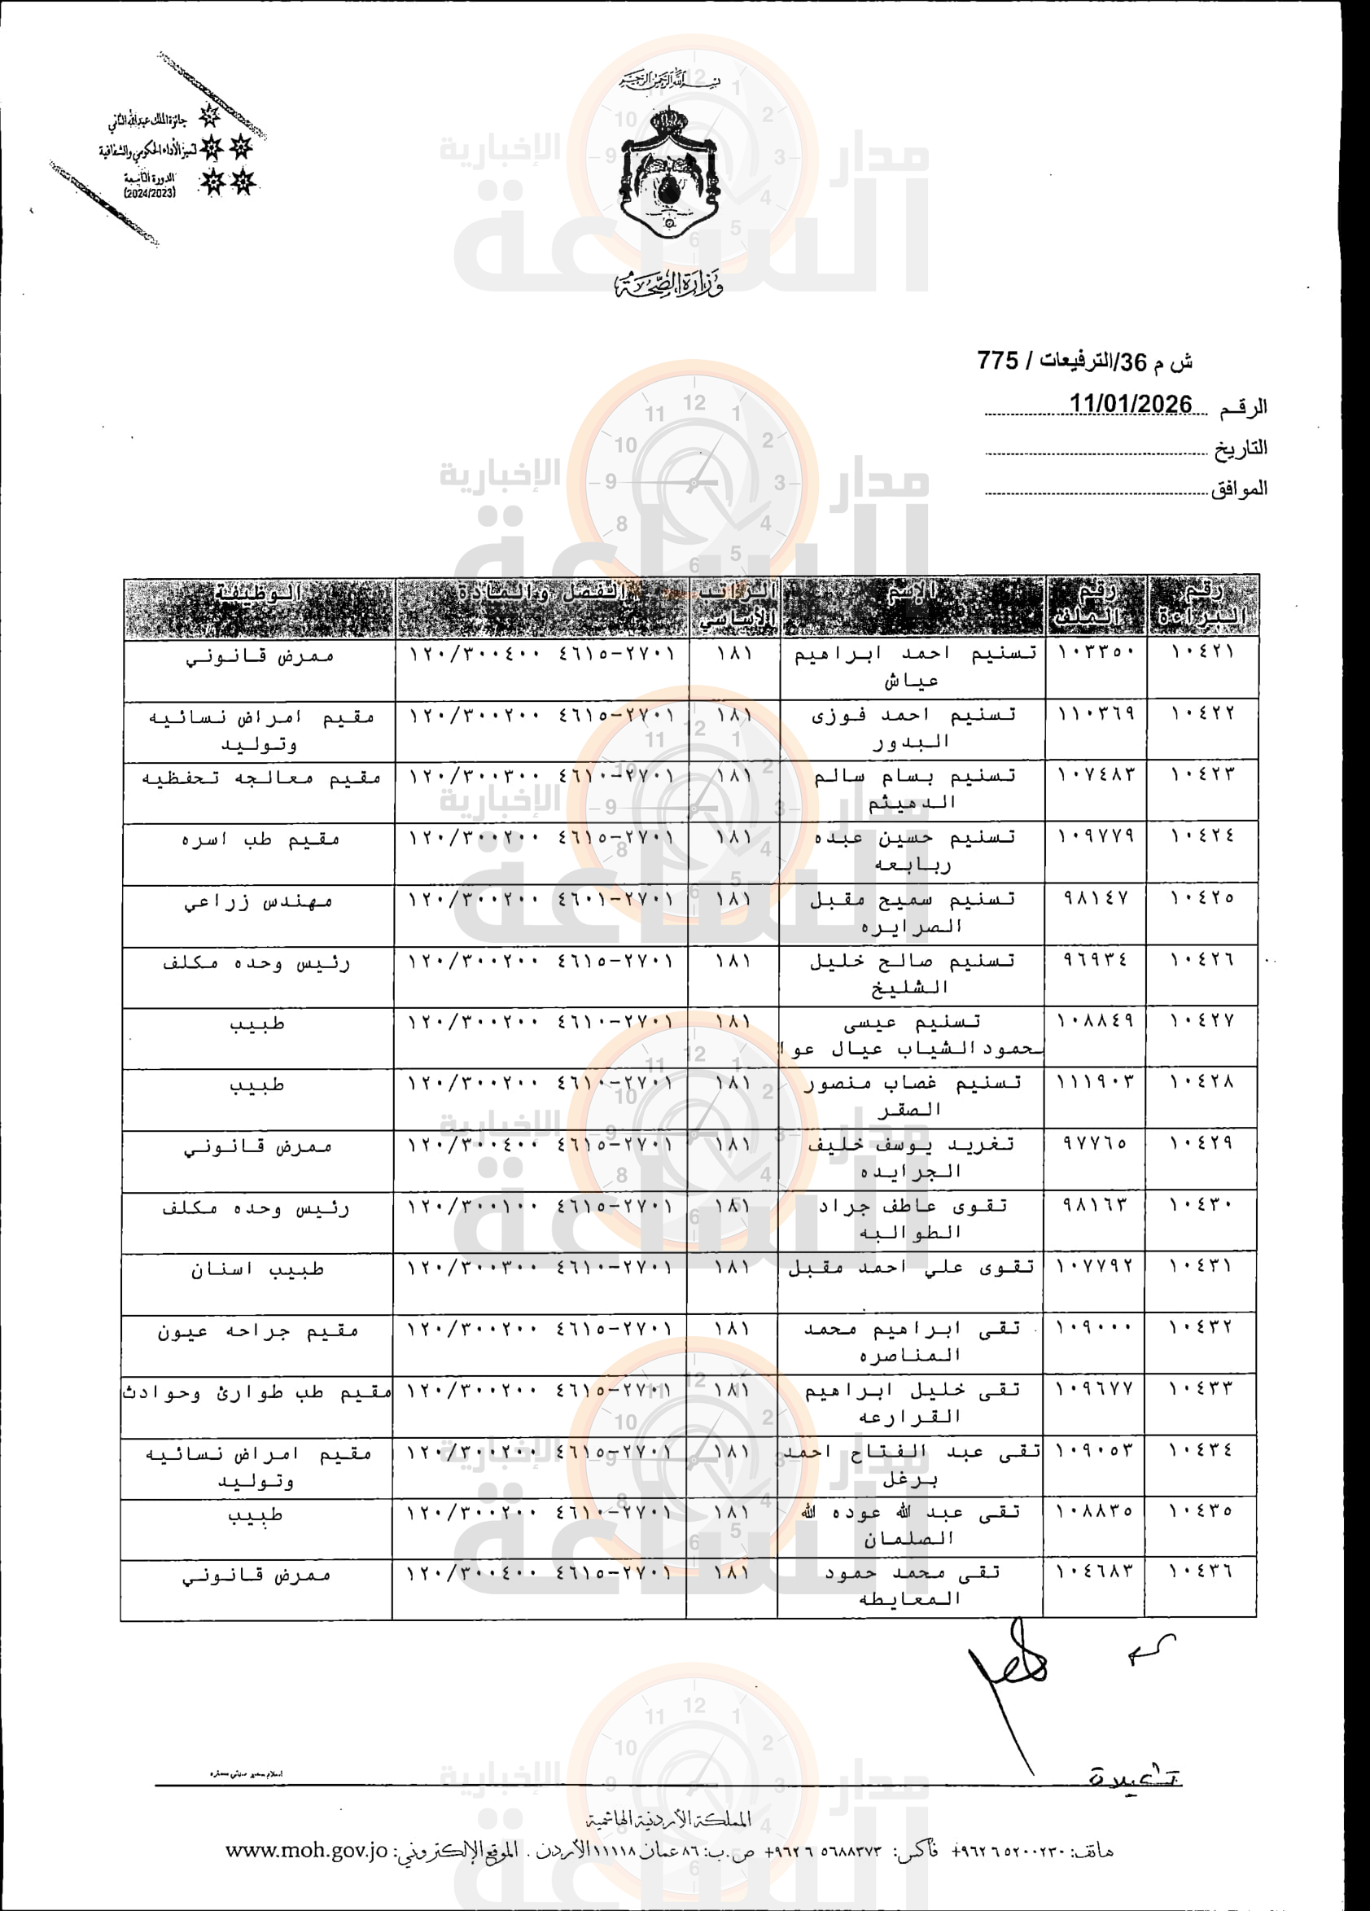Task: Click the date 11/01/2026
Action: coord(1131,405)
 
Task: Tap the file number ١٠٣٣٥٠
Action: coord(1096,652)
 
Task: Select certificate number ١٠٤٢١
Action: coord(1202,652)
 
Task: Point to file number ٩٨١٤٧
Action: coord(1096,899)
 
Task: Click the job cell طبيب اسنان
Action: coord(257,1269)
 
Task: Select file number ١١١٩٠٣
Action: coord(1096,1083)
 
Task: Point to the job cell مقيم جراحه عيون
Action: coord(258,1331)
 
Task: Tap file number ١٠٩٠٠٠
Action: coord(1095,1328)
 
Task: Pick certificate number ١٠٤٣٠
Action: coord(1201,1206)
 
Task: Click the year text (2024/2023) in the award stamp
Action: coord(150,193)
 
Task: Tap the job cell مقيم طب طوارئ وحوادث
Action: coord(257,1393)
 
